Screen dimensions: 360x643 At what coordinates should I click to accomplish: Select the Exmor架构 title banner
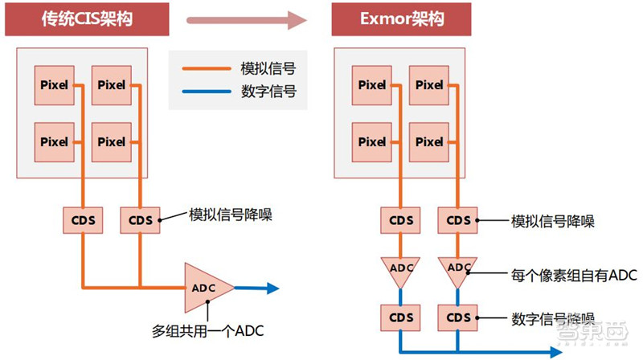[401, 19]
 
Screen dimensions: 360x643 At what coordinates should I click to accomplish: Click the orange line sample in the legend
[206, 69]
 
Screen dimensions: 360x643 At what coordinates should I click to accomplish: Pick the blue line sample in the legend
[206, 92]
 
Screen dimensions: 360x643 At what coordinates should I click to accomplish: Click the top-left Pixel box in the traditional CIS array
[55, 84]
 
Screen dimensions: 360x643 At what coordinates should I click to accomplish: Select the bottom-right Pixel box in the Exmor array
[429, 141]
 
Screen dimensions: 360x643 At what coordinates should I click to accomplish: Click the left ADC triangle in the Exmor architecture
[399, 268]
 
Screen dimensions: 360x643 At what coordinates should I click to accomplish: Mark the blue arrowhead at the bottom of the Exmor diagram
[555, 351]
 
